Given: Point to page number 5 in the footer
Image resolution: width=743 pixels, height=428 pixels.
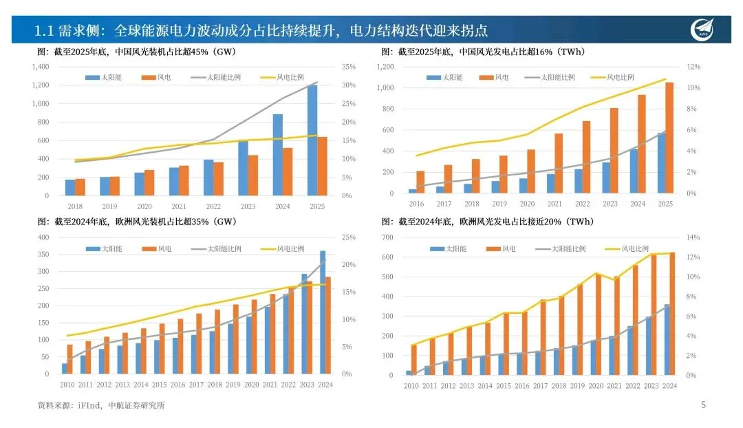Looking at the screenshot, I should (703, 405).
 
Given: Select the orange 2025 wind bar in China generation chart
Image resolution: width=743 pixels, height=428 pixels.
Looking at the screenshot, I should (669, 138).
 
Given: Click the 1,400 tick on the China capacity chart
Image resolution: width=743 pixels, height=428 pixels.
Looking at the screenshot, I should (41, 67).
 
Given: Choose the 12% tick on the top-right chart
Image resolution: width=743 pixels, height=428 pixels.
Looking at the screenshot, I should (693, 67).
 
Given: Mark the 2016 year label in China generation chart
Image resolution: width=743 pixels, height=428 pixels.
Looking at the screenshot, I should (416, 204).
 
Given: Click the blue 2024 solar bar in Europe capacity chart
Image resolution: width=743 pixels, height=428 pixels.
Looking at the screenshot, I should (323, 312).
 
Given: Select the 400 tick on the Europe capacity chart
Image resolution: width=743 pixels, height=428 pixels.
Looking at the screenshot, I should (43, 237).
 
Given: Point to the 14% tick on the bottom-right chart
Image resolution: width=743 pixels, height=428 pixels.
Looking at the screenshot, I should (691, 237).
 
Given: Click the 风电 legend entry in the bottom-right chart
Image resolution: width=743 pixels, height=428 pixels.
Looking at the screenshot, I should (508, 248).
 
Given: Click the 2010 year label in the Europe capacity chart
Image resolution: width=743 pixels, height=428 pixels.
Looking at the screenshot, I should (67, 385).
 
